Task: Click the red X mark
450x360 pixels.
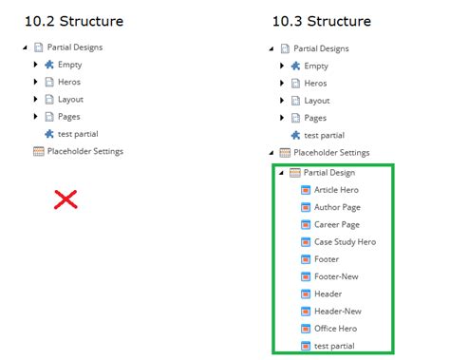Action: tap(65, 199)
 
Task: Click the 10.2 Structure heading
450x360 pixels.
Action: tap(73, 21)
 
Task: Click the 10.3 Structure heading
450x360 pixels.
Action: tap(321, 21)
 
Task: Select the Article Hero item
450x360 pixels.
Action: tap(336, 190)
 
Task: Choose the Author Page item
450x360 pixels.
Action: tap(336, 207)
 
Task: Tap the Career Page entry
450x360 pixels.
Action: tap(336, 224)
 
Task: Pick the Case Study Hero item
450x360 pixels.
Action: tap(345, 242)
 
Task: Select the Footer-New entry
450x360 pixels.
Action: tap(337, 276)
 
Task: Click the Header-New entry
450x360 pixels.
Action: tap(337, 311)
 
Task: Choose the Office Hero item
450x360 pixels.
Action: tap(336, 328)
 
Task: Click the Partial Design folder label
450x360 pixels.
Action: tap(328, 173)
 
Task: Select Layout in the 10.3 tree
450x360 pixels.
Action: tap(316, 100)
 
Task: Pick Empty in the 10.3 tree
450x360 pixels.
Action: tap(316, 66)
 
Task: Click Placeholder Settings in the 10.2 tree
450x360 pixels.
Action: tap(85, 150)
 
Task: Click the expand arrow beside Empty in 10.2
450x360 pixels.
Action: tap(36, 65)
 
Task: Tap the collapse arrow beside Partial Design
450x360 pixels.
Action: tap(282, 173)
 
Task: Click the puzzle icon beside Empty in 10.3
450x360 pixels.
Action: tap(295, 66)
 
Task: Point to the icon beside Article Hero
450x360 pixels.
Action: tap(305, 190)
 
